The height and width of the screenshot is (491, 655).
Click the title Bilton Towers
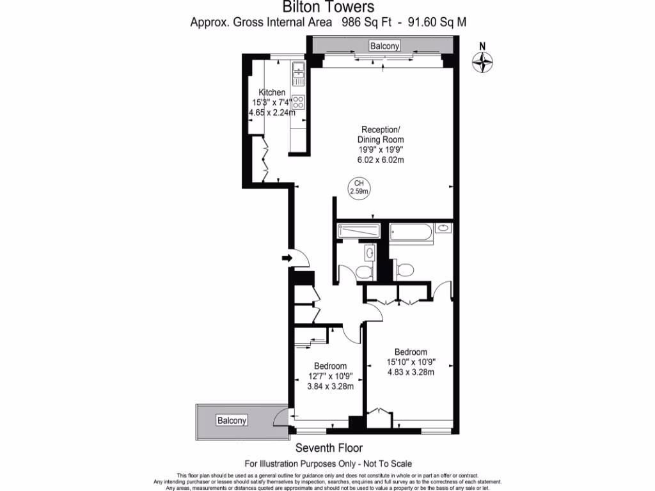click(329, 8)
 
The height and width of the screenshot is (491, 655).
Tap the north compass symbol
click(484, 61)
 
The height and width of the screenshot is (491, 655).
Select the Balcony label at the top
click(385, 45)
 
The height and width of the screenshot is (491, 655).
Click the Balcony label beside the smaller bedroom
click(231, 421)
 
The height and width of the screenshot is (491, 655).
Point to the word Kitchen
click(272, 93)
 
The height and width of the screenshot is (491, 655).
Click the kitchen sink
click(299, 73)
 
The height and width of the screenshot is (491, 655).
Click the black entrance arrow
click(286, 258)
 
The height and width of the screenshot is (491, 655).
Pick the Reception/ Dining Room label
click(381, 135)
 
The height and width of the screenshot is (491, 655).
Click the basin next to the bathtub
click(443, 228)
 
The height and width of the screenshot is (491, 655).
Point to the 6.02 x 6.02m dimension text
click(381, 160)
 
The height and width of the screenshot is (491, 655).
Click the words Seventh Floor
click(328, 449)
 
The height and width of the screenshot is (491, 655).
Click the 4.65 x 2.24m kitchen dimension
click(272, 113)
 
